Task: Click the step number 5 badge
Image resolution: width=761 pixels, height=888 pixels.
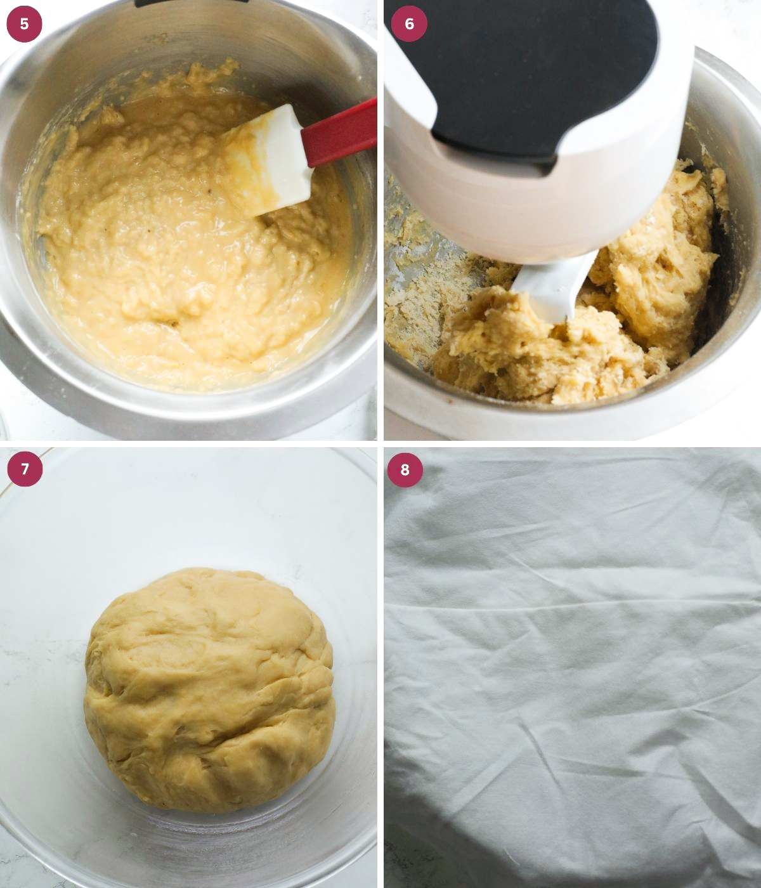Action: coord(24,24)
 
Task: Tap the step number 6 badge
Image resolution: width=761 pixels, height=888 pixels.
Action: coord(409,24)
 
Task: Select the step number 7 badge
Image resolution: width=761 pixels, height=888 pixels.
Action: coord(25,469)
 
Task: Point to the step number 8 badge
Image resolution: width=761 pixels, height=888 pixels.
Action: coord(405,469)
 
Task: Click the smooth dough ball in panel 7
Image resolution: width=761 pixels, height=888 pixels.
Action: coord(209,688)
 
